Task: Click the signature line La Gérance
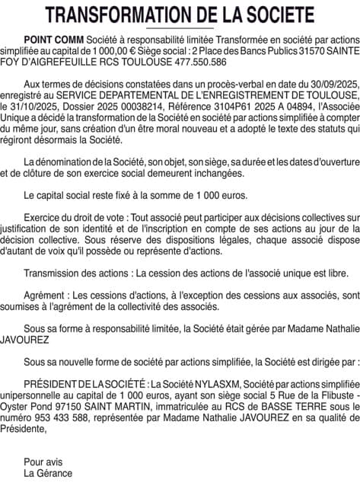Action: click(48, 473)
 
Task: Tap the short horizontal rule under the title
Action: click(180, 27)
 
